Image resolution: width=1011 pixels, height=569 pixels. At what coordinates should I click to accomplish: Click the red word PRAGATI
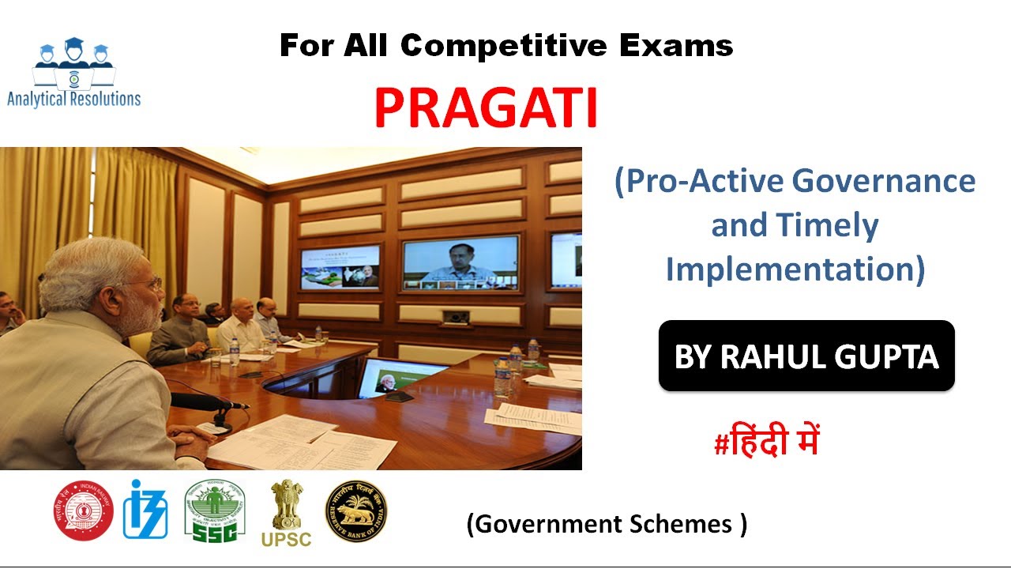[486, 109]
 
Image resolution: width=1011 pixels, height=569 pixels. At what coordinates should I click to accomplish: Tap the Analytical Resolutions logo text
[73, 99]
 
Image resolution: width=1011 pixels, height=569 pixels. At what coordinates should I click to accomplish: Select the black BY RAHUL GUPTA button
[806, 356]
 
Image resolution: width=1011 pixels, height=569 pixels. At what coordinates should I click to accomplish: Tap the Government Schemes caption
[606, 523]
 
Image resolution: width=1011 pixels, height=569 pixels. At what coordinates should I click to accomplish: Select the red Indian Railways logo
[84, 511]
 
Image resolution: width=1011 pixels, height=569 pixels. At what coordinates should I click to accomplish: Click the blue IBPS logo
[145, 510]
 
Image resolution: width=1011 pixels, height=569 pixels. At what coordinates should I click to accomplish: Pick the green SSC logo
[214, 511]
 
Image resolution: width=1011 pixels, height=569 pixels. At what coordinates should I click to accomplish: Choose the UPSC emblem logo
[286, 514]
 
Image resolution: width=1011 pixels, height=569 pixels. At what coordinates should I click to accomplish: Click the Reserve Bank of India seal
[356, 511]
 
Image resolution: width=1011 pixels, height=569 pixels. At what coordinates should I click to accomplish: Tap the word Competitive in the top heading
[505, 46]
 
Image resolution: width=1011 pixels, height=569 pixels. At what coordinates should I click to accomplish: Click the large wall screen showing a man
[460, 262]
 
